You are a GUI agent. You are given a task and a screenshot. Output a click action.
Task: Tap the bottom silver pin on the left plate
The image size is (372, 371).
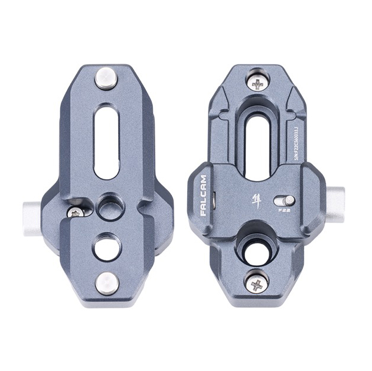(107, 282)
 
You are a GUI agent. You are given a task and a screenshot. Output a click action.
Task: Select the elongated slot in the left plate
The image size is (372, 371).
(106, 141)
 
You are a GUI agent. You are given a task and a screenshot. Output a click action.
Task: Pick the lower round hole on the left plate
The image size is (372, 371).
(107, 245)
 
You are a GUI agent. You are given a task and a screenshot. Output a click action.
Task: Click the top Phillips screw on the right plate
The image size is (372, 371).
(257, 83)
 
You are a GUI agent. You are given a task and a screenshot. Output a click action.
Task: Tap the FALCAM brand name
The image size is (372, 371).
(203, 195)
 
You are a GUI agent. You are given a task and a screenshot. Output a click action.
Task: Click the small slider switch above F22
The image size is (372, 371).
(284, 199)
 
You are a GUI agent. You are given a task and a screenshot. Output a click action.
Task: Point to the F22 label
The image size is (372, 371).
(283, 210)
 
